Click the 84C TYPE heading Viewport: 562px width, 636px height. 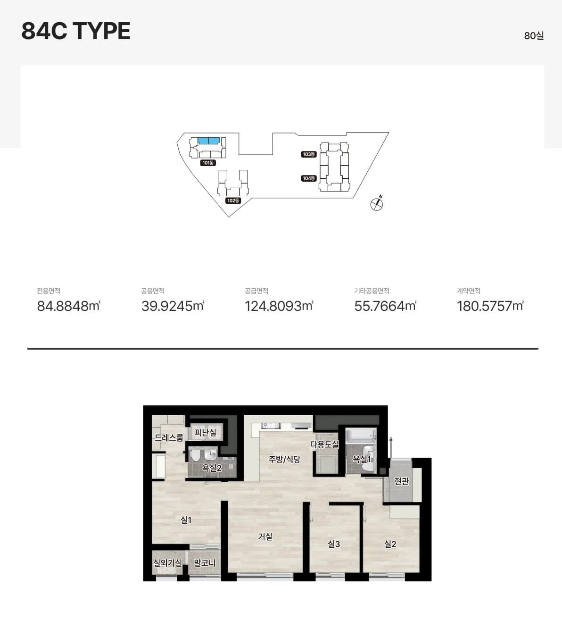(75, 31)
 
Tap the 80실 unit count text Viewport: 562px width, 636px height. (534, 36)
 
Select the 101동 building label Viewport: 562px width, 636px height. (208, 163)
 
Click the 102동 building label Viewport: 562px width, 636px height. (233, 200)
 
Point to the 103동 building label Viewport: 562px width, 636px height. (309, 154)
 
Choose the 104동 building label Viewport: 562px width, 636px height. (309, 178)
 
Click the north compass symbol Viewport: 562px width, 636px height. (377, 203)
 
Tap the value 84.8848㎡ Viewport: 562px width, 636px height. (68, 306)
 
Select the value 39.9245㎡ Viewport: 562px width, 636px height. (173, 306)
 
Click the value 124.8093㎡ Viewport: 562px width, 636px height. (279, 306)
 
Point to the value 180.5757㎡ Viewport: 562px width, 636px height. (490, 306)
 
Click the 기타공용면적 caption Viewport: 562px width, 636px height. (372, 291)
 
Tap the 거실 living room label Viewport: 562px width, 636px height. (265, 536)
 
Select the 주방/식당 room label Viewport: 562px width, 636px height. (284, 459)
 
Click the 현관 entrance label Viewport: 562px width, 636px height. (402, 481)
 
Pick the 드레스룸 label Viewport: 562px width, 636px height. (169, 437)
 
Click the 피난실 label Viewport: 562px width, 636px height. (205, 432)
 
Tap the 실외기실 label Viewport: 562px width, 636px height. (167, 562)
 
